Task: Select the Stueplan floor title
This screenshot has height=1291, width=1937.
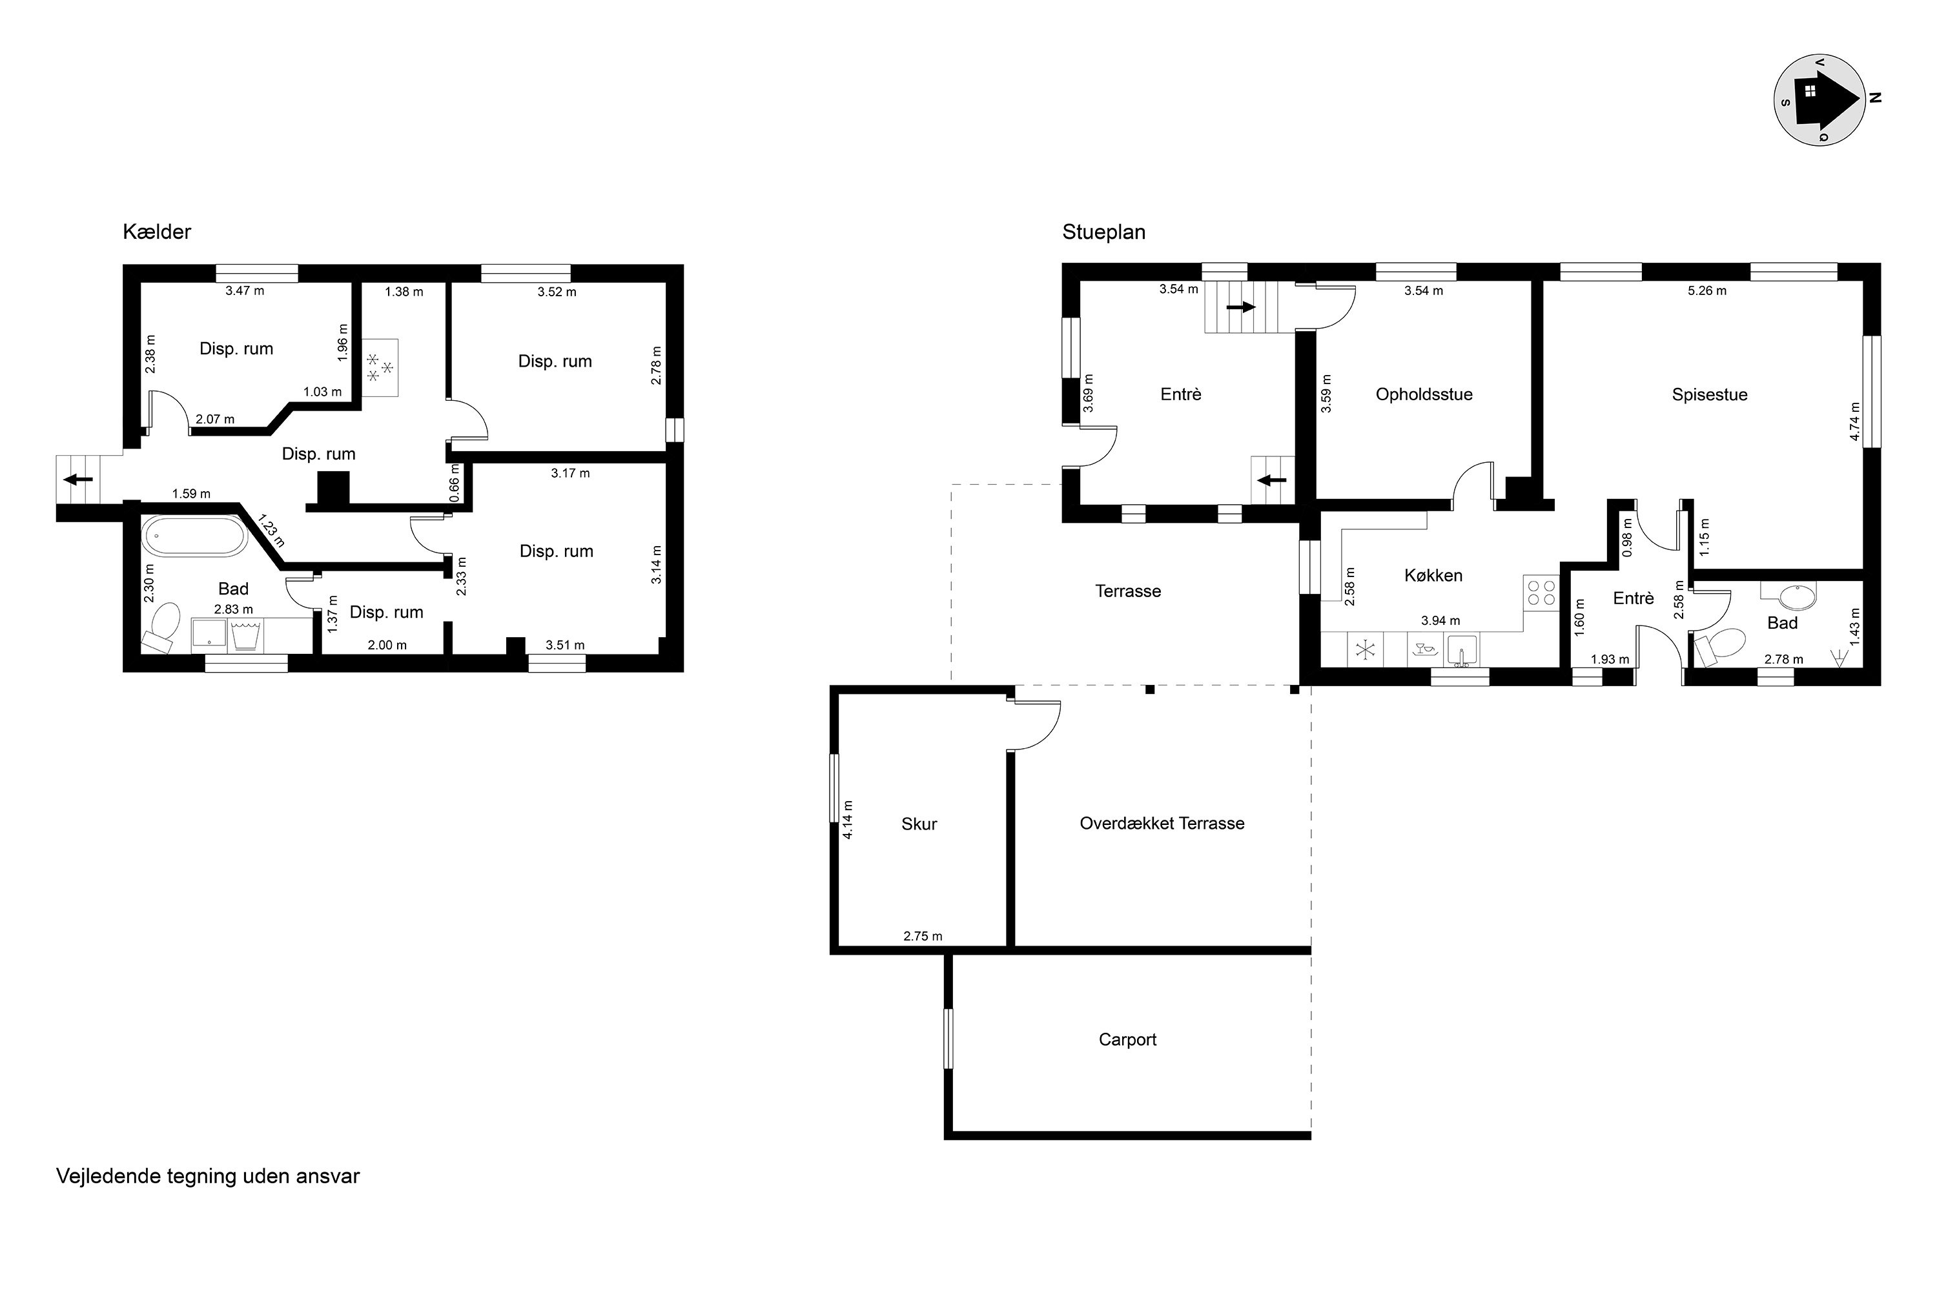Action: (1103, 232)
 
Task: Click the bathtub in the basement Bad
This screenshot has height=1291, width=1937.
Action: (194, 536)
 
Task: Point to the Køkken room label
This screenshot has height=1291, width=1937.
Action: (1433, 576)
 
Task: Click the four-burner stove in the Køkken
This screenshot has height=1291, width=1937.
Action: (1541, 593)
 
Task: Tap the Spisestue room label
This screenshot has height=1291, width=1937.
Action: (1709, 394)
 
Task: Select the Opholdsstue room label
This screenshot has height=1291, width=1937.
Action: (1424, 394)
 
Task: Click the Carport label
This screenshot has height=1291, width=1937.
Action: (1127, 1039)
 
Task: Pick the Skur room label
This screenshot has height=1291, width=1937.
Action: (919, 824)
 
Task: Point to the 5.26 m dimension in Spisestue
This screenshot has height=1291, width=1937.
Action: (1706, 290)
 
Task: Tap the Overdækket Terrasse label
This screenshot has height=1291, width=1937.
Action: (1162, 824)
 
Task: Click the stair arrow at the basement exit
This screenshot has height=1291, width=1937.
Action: (78, 479)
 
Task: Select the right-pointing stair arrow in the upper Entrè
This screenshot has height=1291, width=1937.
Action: (1241, 307)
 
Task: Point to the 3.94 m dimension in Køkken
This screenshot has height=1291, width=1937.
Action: (1440, 621)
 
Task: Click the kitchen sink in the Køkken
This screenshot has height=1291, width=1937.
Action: (1462, 649)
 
